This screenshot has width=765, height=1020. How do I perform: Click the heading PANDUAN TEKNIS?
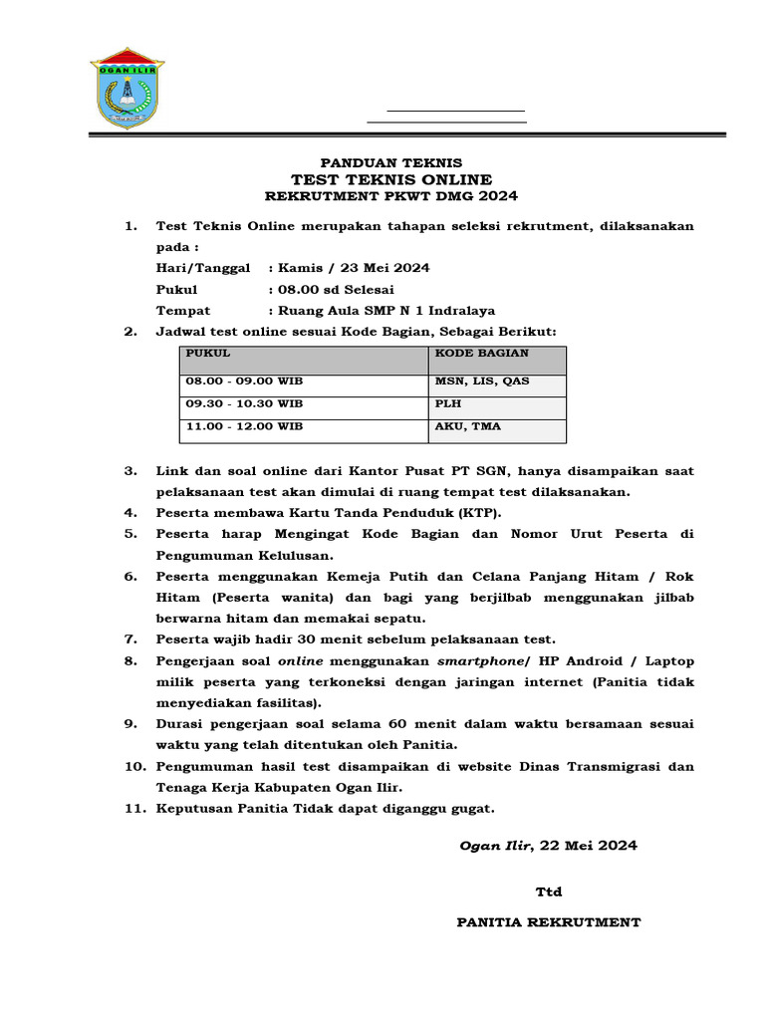pyautogui.click(x=389, y=162)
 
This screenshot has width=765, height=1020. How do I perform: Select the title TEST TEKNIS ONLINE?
pyautogui.click(x=389, y=179)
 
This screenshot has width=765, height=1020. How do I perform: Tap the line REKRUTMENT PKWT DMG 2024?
pyautogui.click(x=389, y=196)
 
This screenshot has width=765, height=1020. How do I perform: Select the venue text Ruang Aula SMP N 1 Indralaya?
pyautogui.click(x=386, y=310)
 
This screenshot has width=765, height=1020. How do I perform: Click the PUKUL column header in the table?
pyautogui.click(x=208, y=354)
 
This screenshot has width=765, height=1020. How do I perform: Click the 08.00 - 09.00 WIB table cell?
pyautogui.click(x=243, y=382)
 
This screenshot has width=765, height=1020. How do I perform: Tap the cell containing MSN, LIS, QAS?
pyautogui.click(x=482, y=382)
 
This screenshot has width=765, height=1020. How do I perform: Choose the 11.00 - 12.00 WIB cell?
pyautogui.click(x=243, y=426)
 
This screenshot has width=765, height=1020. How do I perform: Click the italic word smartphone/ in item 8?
pyautogui.click(x=485, y=661)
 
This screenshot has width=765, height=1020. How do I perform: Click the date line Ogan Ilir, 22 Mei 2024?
pyautogui.click(x=548, y=846)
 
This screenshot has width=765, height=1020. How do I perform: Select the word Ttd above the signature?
pyautogui.click(x=549, y=892)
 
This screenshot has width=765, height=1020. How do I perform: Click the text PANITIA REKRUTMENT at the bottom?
pyautogui.click(x=548, y=922)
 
